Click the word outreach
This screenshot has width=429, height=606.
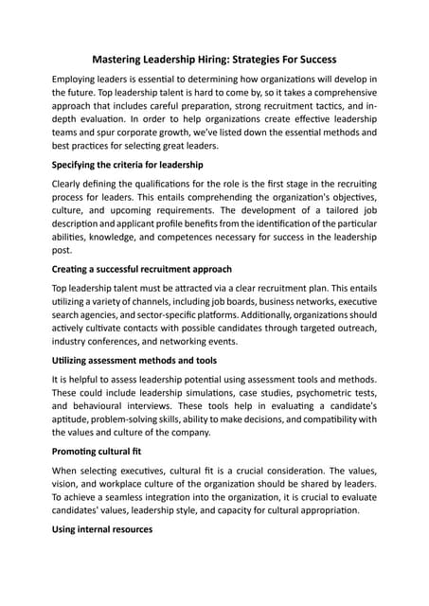(x=354, y=326)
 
